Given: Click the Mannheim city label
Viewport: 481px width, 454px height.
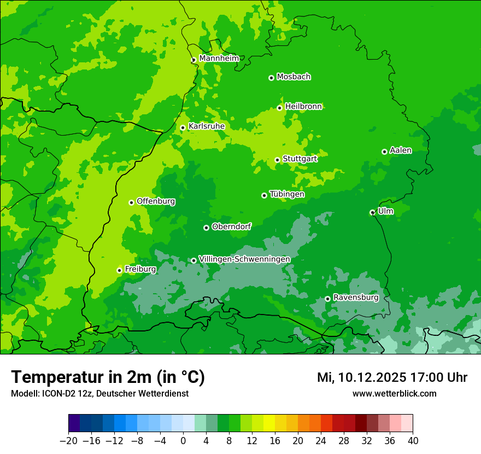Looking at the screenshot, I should (219, 59).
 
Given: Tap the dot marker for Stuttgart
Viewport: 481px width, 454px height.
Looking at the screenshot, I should (277, 160).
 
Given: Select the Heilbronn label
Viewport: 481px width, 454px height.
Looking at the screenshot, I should (303, 107).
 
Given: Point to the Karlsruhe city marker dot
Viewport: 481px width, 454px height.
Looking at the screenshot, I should (183, 128).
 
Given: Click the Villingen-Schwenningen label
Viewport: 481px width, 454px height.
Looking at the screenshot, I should (244, 259).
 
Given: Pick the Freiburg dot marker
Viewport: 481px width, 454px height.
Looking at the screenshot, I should (119, 270).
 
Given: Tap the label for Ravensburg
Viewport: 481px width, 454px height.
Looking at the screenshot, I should (355, 298).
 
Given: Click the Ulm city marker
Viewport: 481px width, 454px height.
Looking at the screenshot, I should (372, 212).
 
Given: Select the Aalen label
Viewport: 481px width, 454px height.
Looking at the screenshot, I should (401, 150).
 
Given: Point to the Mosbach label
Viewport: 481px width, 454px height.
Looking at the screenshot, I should (294, 77).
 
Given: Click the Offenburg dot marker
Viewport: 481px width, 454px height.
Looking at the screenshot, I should (131, 202).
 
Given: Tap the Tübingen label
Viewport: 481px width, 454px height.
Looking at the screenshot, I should (286, 194).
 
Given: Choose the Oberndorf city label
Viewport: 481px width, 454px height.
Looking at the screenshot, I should (231, 226).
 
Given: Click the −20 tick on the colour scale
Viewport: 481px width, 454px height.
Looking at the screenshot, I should (68, 441).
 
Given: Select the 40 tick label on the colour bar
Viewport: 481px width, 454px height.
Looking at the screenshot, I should (413, 441).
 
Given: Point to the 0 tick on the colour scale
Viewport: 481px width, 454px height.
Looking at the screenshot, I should (183, 441).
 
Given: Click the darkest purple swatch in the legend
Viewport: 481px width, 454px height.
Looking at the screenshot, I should (74, 423).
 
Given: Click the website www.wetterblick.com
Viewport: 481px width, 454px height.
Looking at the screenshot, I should (394, 394).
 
